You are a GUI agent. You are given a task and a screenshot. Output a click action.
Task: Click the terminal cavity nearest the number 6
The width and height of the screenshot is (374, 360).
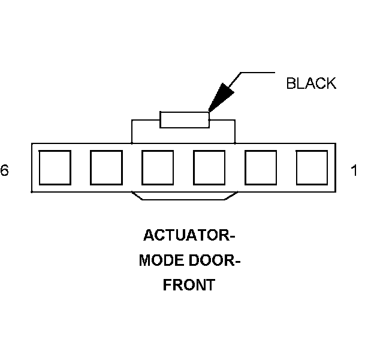[55, 167]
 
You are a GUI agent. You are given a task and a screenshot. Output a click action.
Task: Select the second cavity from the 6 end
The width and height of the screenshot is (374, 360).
[106, 167]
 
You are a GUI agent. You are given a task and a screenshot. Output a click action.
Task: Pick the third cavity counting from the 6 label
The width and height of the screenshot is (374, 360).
[158, 167]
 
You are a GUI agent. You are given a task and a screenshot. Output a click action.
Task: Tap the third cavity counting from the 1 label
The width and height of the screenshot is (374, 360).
[209, 167]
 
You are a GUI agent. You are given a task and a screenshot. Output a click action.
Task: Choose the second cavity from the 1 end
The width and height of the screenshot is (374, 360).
[261, 167]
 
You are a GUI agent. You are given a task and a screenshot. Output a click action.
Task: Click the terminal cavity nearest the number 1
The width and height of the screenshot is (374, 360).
[312, 167]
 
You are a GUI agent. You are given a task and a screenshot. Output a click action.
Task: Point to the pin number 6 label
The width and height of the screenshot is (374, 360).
[5, 171]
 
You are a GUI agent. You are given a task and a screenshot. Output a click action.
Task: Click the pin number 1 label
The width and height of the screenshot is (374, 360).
[354, 171]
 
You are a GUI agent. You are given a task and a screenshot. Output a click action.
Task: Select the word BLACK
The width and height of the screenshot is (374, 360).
[311, 83]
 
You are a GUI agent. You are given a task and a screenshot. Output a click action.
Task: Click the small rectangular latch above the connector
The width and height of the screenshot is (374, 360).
[184, 119]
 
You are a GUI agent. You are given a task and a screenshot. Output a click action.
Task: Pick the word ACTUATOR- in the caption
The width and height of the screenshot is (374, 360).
[189, 235]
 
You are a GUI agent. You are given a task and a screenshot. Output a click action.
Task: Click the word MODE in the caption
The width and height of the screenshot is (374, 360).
[159, 260]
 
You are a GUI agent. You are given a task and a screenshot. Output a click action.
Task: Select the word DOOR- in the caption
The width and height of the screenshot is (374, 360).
[213, 260]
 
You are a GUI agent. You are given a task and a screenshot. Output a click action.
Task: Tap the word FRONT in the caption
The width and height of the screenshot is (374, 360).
[189, 285]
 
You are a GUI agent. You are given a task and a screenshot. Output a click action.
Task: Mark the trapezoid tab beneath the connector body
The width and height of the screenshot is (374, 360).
[184, 196]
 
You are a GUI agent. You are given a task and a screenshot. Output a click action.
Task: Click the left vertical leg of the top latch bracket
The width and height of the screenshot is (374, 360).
[131, 131]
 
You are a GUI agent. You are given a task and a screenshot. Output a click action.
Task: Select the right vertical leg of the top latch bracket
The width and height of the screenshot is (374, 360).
[235, 131]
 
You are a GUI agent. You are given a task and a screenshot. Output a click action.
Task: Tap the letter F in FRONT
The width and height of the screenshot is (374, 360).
[167, 285]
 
